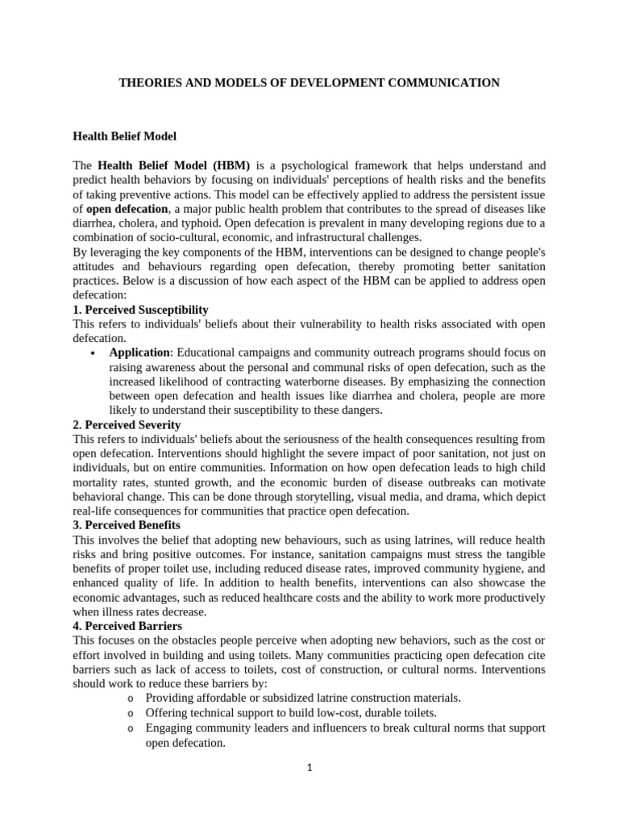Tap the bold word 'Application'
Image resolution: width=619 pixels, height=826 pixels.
tap(139, 353)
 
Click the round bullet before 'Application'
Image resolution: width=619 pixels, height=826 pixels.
tap(94, 353)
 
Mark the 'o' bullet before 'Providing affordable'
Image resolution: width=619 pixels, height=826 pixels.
tap(131, 698)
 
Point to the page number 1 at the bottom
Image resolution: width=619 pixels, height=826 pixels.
tap(309, 768)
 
